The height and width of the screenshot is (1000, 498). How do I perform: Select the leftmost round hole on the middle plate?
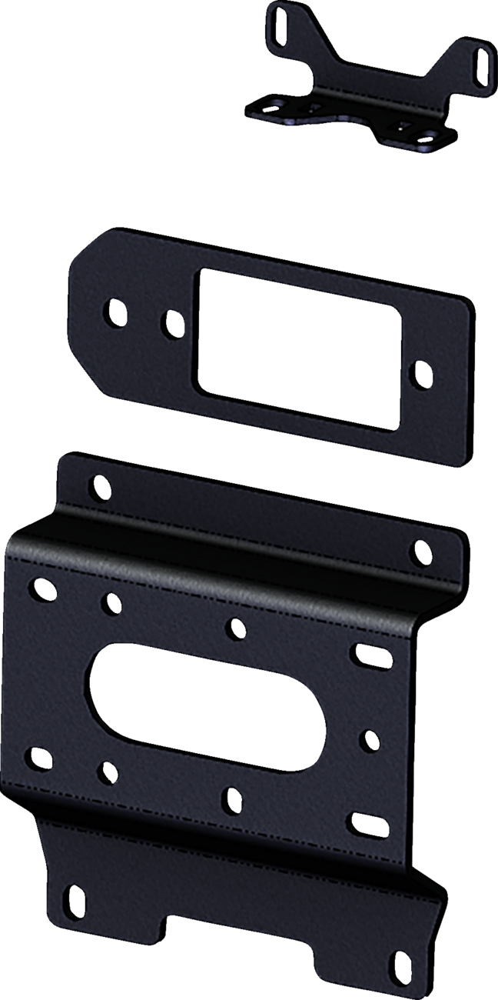tap(115, 312)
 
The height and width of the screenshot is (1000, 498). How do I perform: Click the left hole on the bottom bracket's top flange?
tap(99, 486)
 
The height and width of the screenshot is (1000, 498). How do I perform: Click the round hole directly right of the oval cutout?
tap(369, 741)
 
